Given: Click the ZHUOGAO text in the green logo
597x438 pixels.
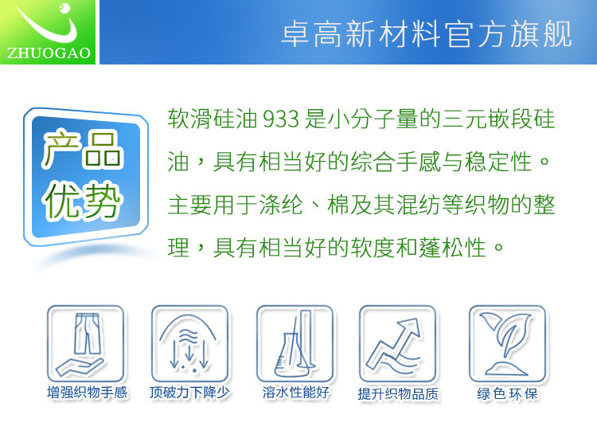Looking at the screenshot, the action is click(x=49, y=53).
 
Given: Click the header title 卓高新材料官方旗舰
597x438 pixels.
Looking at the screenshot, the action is click(x=427, y=34).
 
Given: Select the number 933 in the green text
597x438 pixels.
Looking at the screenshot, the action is click(x=281, y=119).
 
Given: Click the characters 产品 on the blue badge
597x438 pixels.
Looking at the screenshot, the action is click(x=82, y=149).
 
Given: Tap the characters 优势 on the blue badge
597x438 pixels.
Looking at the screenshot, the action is click(x=82, y=200).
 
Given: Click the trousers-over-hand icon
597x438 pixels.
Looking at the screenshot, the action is click(x=86, y=343).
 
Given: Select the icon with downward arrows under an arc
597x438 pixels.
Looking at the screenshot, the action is click(x=190, y=343).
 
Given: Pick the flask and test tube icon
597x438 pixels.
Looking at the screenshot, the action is click(x=295, y=343).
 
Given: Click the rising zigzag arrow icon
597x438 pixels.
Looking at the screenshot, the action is click(x=398, y=343).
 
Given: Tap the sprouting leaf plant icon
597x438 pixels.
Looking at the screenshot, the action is click(x=508, y=343).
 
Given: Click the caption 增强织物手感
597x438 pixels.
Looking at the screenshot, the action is click(x=88, y=393).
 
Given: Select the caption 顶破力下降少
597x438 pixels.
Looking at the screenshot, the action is click(x=189, y=393).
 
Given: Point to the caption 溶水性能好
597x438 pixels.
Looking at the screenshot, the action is click(x=296, y=393).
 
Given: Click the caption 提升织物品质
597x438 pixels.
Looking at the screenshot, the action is click(x=398, y=394).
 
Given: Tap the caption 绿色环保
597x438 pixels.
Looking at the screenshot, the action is click(x=508, y=394).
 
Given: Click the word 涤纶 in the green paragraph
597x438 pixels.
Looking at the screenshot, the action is click(x=281, y=205).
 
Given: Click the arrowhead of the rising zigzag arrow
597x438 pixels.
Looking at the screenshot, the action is click(x=412, y=327).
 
